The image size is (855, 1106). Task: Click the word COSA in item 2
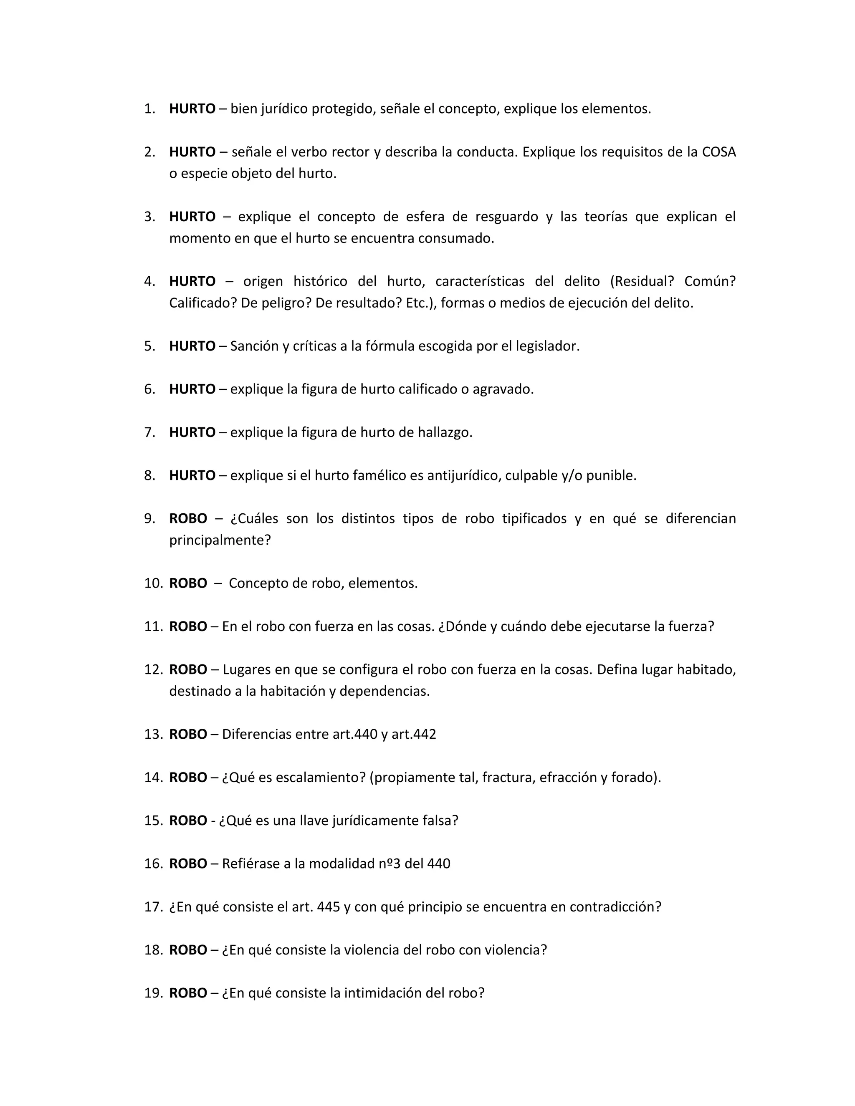[719, 152]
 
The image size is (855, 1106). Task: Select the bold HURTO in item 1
[192, 109]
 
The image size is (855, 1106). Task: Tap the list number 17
[152, 907]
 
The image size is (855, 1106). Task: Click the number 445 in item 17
[328, 907]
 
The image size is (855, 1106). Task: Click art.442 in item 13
[413, 734]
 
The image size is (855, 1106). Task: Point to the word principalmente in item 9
[220, 540]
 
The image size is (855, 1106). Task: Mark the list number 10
[152, 583]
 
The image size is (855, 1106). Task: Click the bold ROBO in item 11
[188, 626]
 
